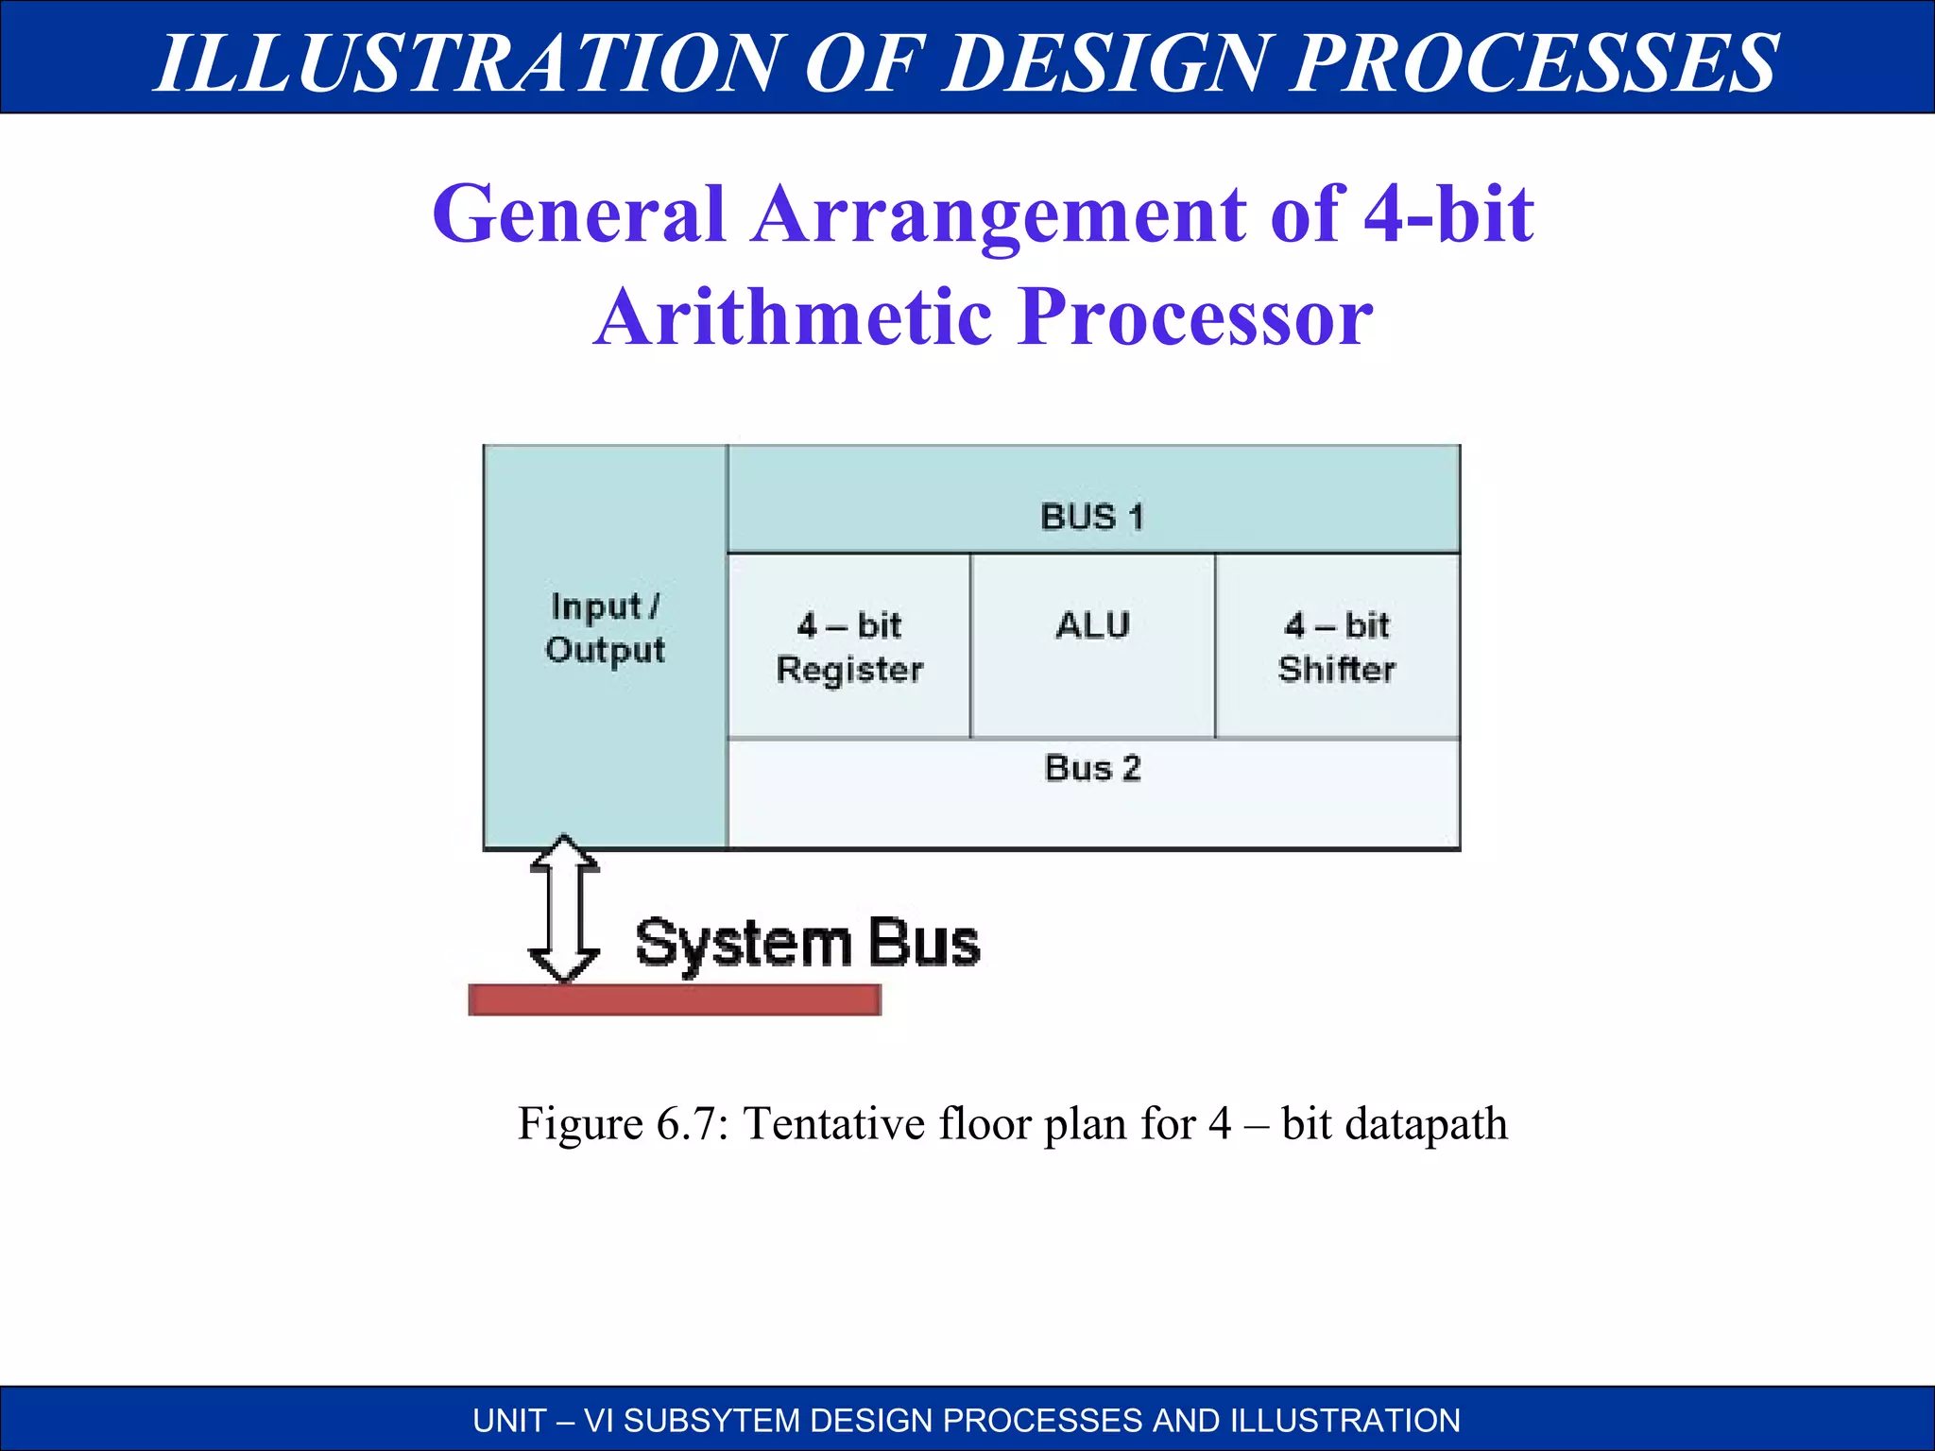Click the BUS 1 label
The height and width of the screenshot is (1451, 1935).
pos(1091,518)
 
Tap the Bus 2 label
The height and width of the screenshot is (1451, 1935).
pos(1092,768)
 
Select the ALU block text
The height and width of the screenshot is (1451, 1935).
pos(1092,625)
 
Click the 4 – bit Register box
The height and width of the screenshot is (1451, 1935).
pos(848,646)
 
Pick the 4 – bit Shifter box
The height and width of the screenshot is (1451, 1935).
pos(1336,646)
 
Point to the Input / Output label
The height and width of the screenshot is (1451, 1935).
pos(605,628)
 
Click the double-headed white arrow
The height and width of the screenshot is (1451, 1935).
pos(564,909)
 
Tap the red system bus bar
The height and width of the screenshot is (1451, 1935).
pos(675,999)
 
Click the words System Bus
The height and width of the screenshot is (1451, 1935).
pos(807,943)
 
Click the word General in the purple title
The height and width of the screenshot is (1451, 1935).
pos(578,214)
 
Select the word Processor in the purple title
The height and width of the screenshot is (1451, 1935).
pos(1195,317)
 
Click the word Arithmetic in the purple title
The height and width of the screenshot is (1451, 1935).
pos(794,317)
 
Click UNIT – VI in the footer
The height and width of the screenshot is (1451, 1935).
pos(541,1421)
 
